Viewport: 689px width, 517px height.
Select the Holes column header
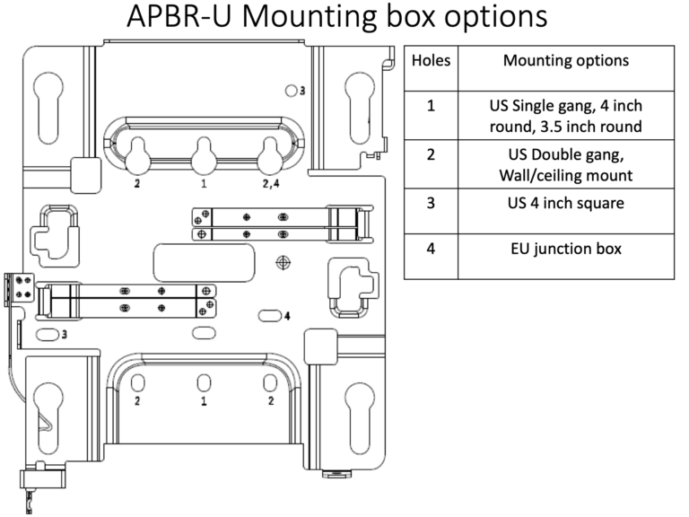431,61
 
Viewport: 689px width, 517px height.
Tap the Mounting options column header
565,61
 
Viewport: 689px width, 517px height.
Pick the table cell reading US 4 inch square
565,203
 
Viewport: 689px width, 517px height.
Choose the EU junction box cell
565,249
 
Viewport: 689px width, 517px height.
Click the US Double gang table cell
565,162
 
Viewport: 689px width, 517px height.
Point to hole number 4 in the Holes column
431,249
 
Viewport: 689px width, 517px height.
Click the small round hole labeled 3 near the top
290,91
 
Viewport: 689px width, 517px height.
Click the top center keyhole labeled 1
204,154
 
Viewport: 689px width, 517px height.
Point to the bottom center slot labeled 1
204,382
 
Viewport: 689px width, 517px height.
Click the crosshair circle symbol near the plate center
284,262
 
